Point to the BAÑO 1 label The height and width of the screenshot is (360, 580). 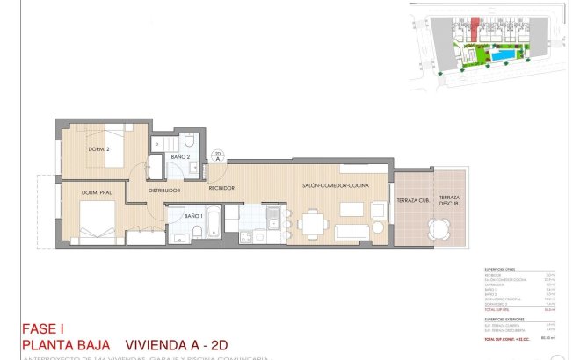[194, 215]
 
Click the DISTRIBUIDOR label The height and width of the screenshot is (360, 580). [164, 190]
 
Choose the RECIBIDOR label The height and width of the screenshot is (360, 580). [220, 188]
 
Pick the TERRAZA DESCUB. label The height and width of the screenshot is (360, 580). [450, 201]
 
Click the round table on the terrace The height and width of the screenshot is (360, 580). [438, 230]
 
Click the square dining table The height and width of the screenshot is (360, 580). [313, 224]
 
